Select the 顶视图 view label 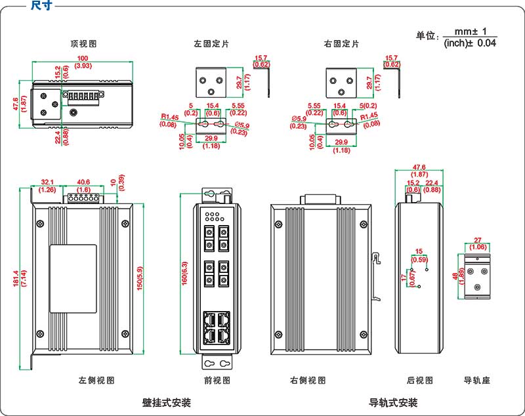click(84, 44)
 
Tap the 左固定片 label click(211, 44)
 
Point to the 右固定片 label click(341, 44)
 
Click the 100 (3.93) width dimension click(83, 63)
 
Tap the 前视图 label click(217, 380)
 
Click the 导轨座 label click(477, 380)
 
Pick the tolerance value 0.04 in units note click(486, 43)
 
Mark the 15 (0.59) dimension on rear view click(419, 255)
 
